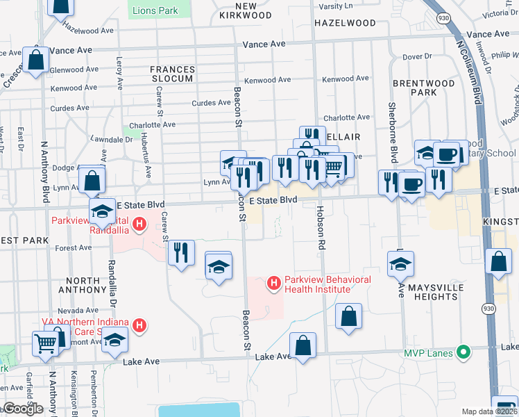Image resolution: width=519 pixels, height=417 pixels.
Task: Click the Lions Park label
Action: tap(155, 10)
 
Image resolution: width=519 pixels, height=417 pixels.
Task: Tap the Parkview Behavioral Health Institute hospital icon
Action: tap(274, 283)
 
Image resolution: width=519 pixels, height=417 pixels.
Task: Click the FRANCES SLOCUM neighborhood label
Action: tap(171, 74)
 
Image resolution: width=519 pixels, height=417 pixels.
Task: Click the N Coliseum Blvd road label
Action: tap(470, 69)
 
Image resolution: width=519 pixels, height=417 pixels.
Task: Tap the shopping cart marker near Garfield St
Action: tap(45, 343)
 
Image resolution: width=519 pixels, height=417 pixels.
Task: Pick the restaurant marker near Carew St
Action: tap(180, 252)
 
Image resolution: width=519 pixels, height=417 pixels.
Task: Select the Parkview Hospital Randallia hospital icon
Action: tap(139, 224)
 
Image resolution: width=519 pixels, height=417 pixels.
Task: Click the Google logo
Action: tap(23, 409)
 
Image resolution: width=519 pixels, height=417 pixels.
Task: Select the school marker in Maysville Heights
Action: tap(400, 263)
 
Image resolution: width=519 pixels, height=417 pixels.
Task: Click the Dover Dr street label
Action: tap(416, 56)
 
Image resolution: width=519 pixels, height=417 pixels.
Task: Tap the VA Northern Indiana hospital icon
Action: tap(139, 325)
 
